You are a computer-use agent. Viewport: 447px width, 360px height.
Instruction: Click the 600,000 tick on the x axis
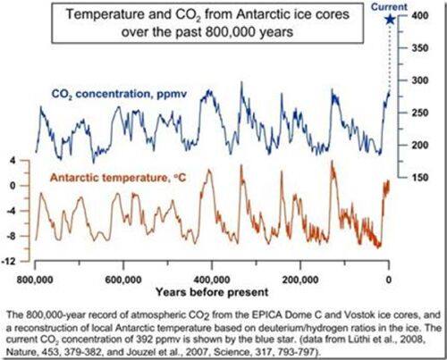[123, 278]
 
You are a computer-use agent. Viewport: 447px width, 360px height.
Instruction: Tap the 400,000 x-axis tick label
[212, 278]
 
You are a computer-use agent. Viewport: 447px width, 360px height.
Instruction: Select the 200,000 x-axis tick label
[300, 278]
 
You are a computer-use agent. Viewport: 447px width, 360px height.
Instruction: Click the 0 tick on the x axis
[389, 278]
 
